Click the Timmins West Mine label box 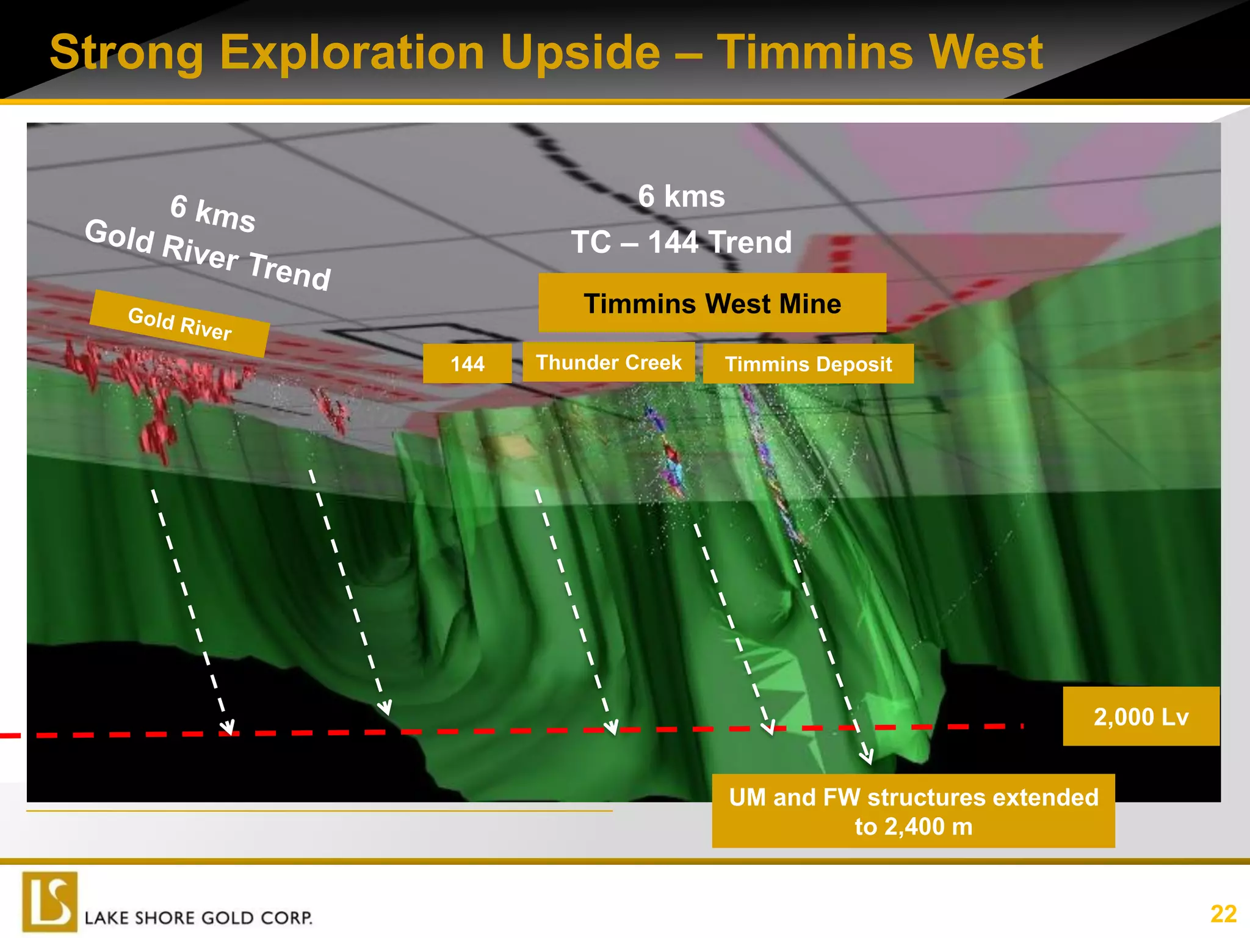point(712,303)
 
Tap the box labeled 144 point(467,364)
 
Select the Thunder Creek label point(609,362)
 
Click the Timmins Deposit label point(808,364)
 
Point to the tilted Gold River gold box point(179,324)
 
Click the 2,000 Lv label point(1141,716)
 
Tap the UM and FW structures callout point(913,811)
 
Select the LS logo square point(50,901)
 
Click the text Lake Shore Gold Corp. point(198,918)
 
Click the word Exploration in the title point(352,53)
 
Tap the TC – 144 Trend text point(681,242)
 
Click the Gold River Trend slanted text point(208,254)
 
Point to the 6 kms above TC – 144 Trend point(681,197)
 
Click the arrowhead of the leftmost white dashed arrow point(228,728)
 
